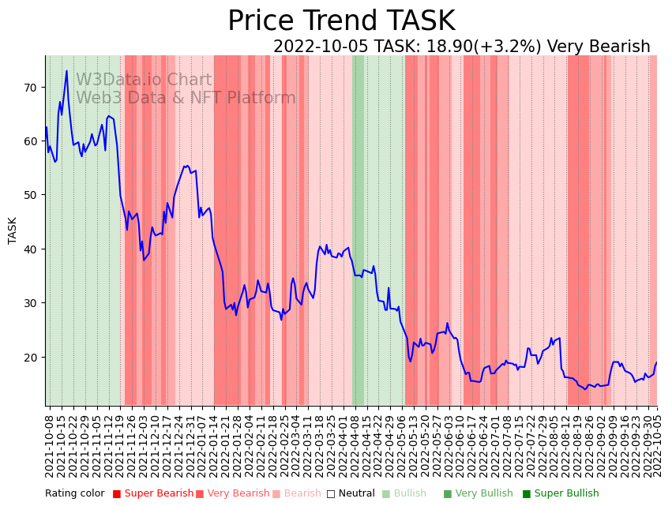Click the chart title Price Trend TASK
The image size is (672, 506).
point(341,21)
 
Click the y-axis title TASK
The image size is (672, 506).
point(13,230)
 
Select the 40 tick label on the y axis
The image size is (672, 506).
point(30,249)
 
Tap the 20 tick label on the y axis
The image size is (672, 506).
point(30,357)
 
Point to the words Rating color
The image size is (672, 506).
point(74,494)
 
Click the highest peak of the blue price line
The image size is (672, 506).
point(66,71)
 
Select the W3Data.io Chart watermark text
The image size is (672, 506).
point(144,80)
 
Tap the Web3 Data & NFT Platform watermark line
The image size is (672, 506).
point(186,98)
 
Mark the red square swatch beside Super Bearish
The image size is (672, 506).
point(117,494)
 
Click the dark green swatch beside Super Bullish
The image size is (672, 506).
point(527,494)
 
